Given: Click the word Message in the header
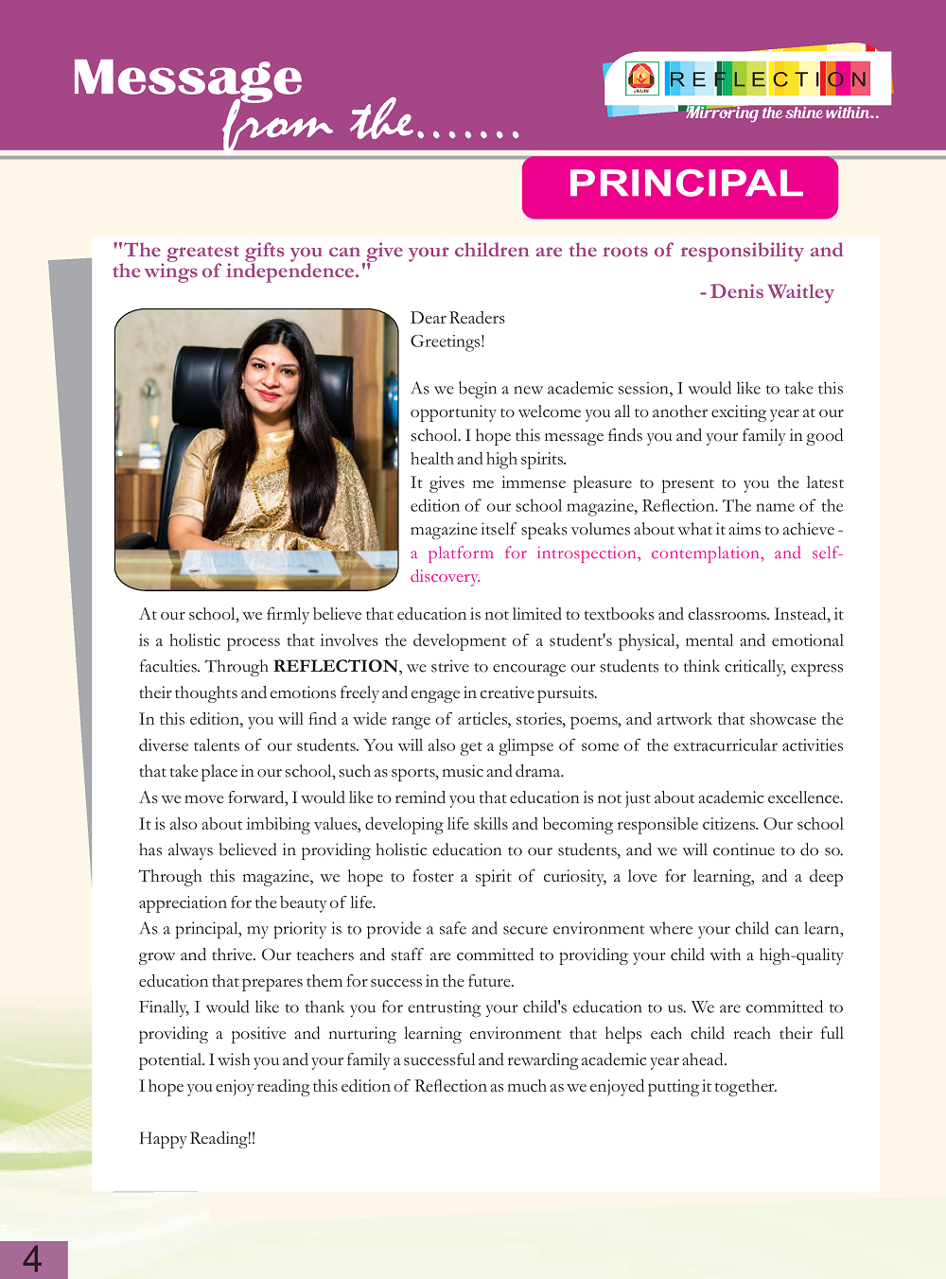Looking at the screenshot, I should pyautogui.click(x=187, y=78).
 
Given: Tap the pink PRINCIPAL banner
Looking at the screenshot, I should pyautogui.click(x=680, y=186).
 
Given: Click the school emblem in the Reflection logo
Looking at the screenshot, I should pyautogui.click(x=641, y=79).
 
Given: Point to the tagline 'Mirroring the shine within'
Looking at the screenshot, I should pyautogui.click(x=781, y=114).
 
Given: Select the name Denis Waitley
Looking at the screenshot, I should pyautogui.click(x=772, y=292).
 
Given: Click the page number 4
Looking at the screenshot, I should pyautogui.click(x=32, y=1259).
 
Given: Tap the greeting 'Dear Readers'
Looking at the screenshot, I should pyautogui.click(x=458, y=318).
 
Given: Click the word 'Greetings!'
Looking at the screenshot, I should pyautogui.click(x=447, y=342).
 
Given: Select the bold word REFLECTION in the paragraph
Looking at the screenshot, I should pyautogui.click(x=336, y=666).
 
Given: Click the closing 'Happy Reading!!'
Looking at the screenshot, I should pyautogui.click(x=197, y=1138).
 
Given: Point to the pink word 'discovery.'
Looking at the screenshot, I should pyautogui.click(x=446, y=576).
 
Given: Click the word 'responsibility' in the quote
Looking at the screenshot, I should pyautogui.click(x=742, y=251).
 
